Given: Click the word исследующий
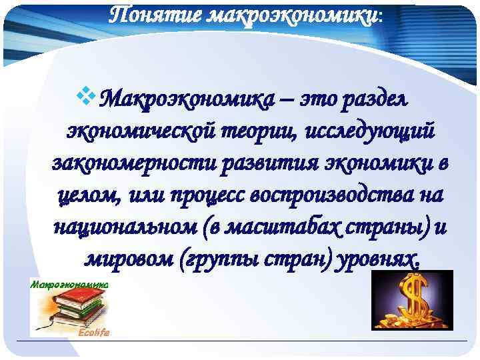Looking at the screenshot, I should (369, 132).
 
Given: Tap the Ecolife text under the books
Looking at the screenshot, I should (93, 331).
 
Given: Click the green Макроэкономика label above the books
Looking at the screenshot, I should (70, 284).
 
